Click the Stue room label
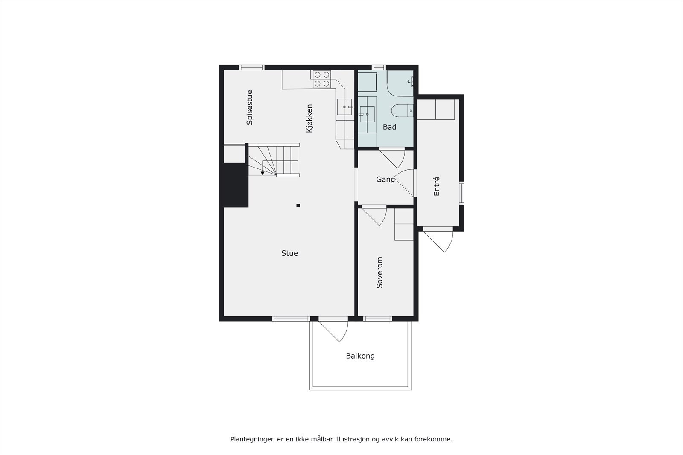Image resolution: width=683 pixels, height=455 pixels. (x=289, y=253)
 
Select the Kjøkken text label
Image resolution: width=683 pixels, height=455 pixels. (x=309, y=118)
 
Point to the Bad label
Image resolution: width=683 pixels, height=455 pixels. (x=389, y=127)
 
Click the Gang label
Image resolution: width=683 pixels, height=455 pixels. (x=385, y=180)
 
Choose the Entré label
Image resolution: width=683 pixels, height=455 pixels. (x=436, y=186)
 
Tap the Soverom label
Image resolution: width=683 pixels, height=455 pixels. (x=379, y=272)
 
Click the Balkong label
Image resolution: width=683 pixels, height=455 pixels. (x=360, y=356)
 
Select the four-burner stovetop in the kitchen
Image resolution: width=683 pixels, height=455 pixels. (x=322, y=79)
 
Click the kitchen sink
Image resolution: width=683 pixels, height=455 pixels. (x=344, y=107)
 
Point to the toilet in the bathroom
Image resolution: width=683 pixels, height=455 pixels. (x=402, y=110)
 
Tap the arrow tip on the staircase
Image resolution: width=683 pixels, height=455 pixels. (x=263, y=173)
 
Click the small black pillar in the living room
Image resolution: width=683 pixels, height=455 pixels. (x=298, y=206)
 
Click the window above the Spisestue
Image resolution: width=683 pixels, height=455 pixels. (x=251, y=67)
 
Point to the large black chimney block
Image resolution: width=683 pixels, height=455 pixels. (x=234, y=185)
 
